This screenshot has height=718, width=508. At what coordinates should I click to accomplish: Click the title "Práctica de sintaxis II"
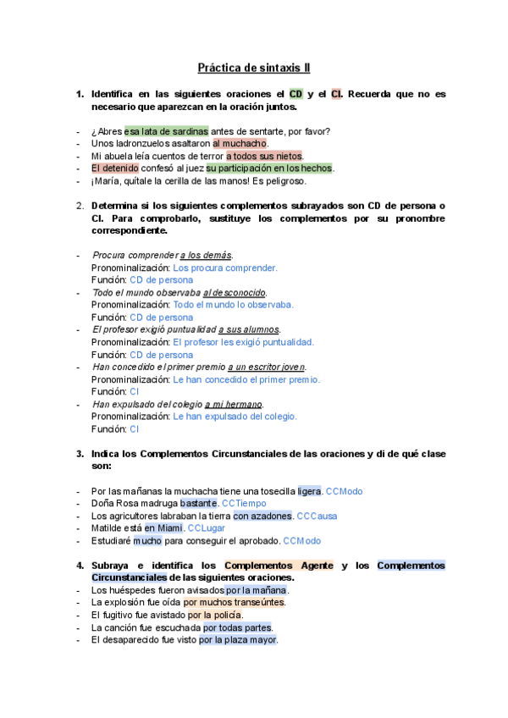(254, 67)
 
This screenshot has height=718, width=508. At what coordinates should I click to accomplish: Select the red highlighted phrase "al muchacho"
(240, 144)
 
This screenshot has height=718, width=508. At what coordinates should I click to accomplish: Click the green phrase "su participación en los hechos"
(269, 168)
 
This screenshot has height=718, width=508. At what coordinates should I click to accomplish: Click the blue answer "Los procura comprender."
(224, 268)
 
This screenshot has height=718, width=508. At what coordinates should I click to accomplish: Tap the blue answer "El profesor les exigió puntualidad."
(243, 342)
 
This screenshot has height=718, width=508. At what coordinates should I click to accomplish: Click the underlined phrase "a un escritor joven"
(267, 367)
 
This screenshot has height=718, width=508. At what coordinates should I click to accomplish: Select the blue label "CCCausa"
(317, 516)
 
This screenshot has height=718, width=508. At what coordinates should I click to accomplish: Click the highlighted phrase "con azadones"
(262, 516)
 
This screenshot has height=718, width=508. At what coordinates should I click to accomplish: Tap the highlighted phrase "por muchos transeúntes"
(234, 603)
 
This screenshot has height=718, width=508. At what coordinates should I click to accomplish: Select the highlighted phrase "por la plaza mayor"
(238, 640)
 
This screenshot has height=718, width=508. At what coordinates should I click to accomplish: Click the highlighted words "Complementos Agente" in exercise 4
(279, 566)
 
